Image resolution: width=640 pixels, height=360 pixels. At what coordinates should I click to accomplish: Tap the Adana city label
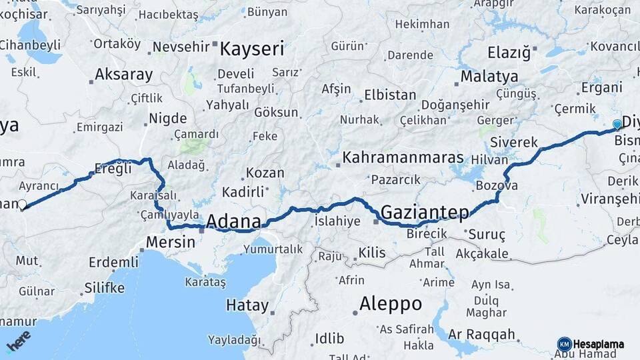[233, 221]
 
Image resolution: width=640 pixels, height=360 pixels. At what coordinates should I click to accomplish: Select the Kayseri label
[252, 49]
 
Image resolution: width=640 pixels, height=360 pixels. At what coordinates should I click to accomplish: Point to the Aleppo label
[390, 304]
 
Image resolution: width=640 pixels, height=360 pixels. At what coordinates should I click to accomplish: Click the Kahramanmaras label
[403, 159]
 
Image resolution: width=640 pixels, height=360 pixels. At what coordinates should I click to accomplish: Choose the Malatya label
[489, 75]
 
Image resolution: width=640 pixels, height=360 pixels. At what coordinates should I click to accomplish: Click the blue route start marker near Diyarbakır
[617, 124]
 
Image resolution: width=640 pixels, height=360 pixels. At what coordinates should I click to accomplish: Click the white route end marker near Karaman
[22, 205]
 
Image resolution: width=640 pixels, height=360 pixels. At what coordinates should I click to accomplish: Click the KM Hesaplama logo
[591, 344]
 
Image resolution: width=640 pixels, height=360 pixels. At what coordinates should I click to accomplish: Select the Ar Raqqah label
[482, 334]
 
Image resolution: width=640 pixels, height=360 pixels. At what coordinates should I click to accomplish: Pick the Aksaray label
[124, 74]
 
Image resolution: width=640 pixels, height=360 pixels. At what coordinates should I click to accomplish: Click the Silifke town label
[105, 288]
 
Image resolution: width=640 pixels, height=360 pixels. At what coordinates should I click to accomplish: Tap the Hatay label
[247, 306]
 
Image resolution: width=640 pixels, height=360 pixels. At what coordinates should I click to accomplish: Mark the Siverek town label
[513, 142]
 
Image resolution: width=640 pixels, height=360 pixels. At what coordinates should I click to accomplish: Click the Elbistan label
[390, 95]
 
